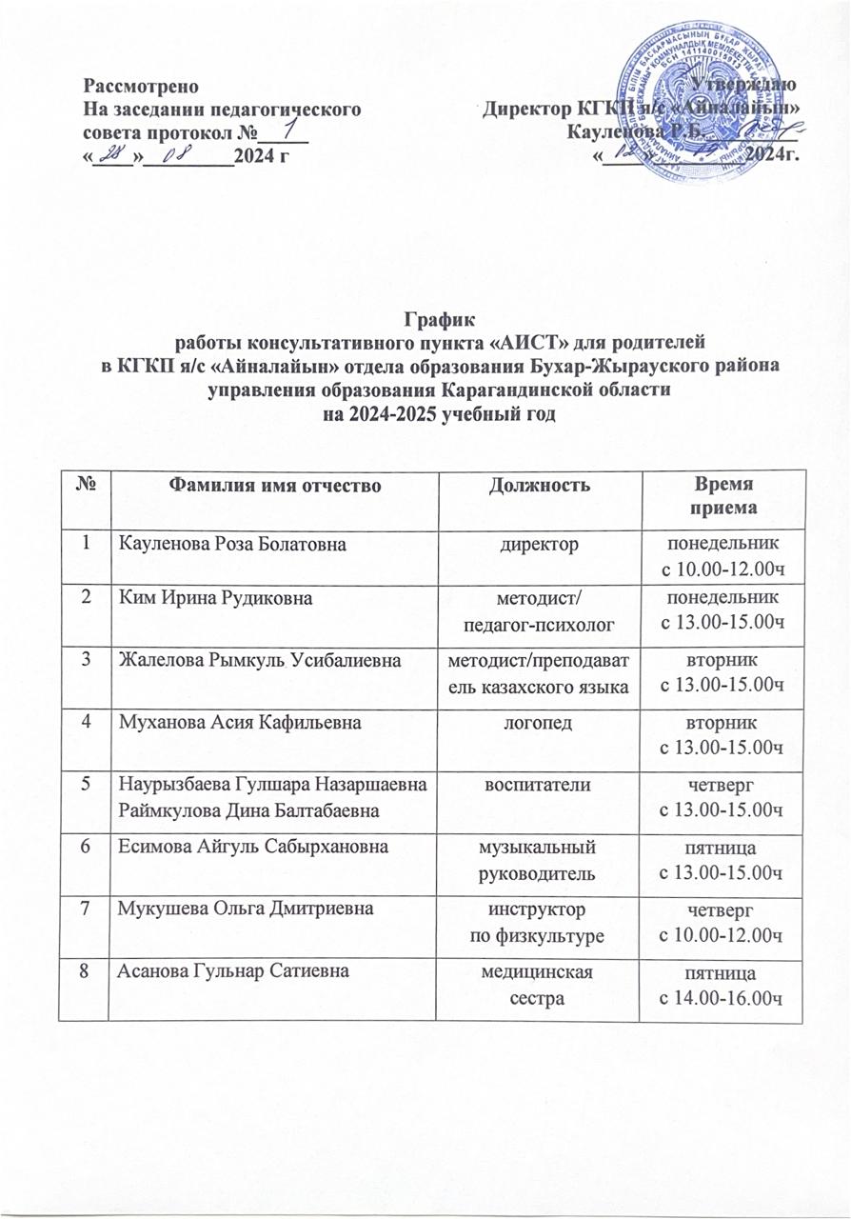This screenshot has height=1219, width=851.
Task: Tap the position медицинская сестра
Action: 539,975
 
